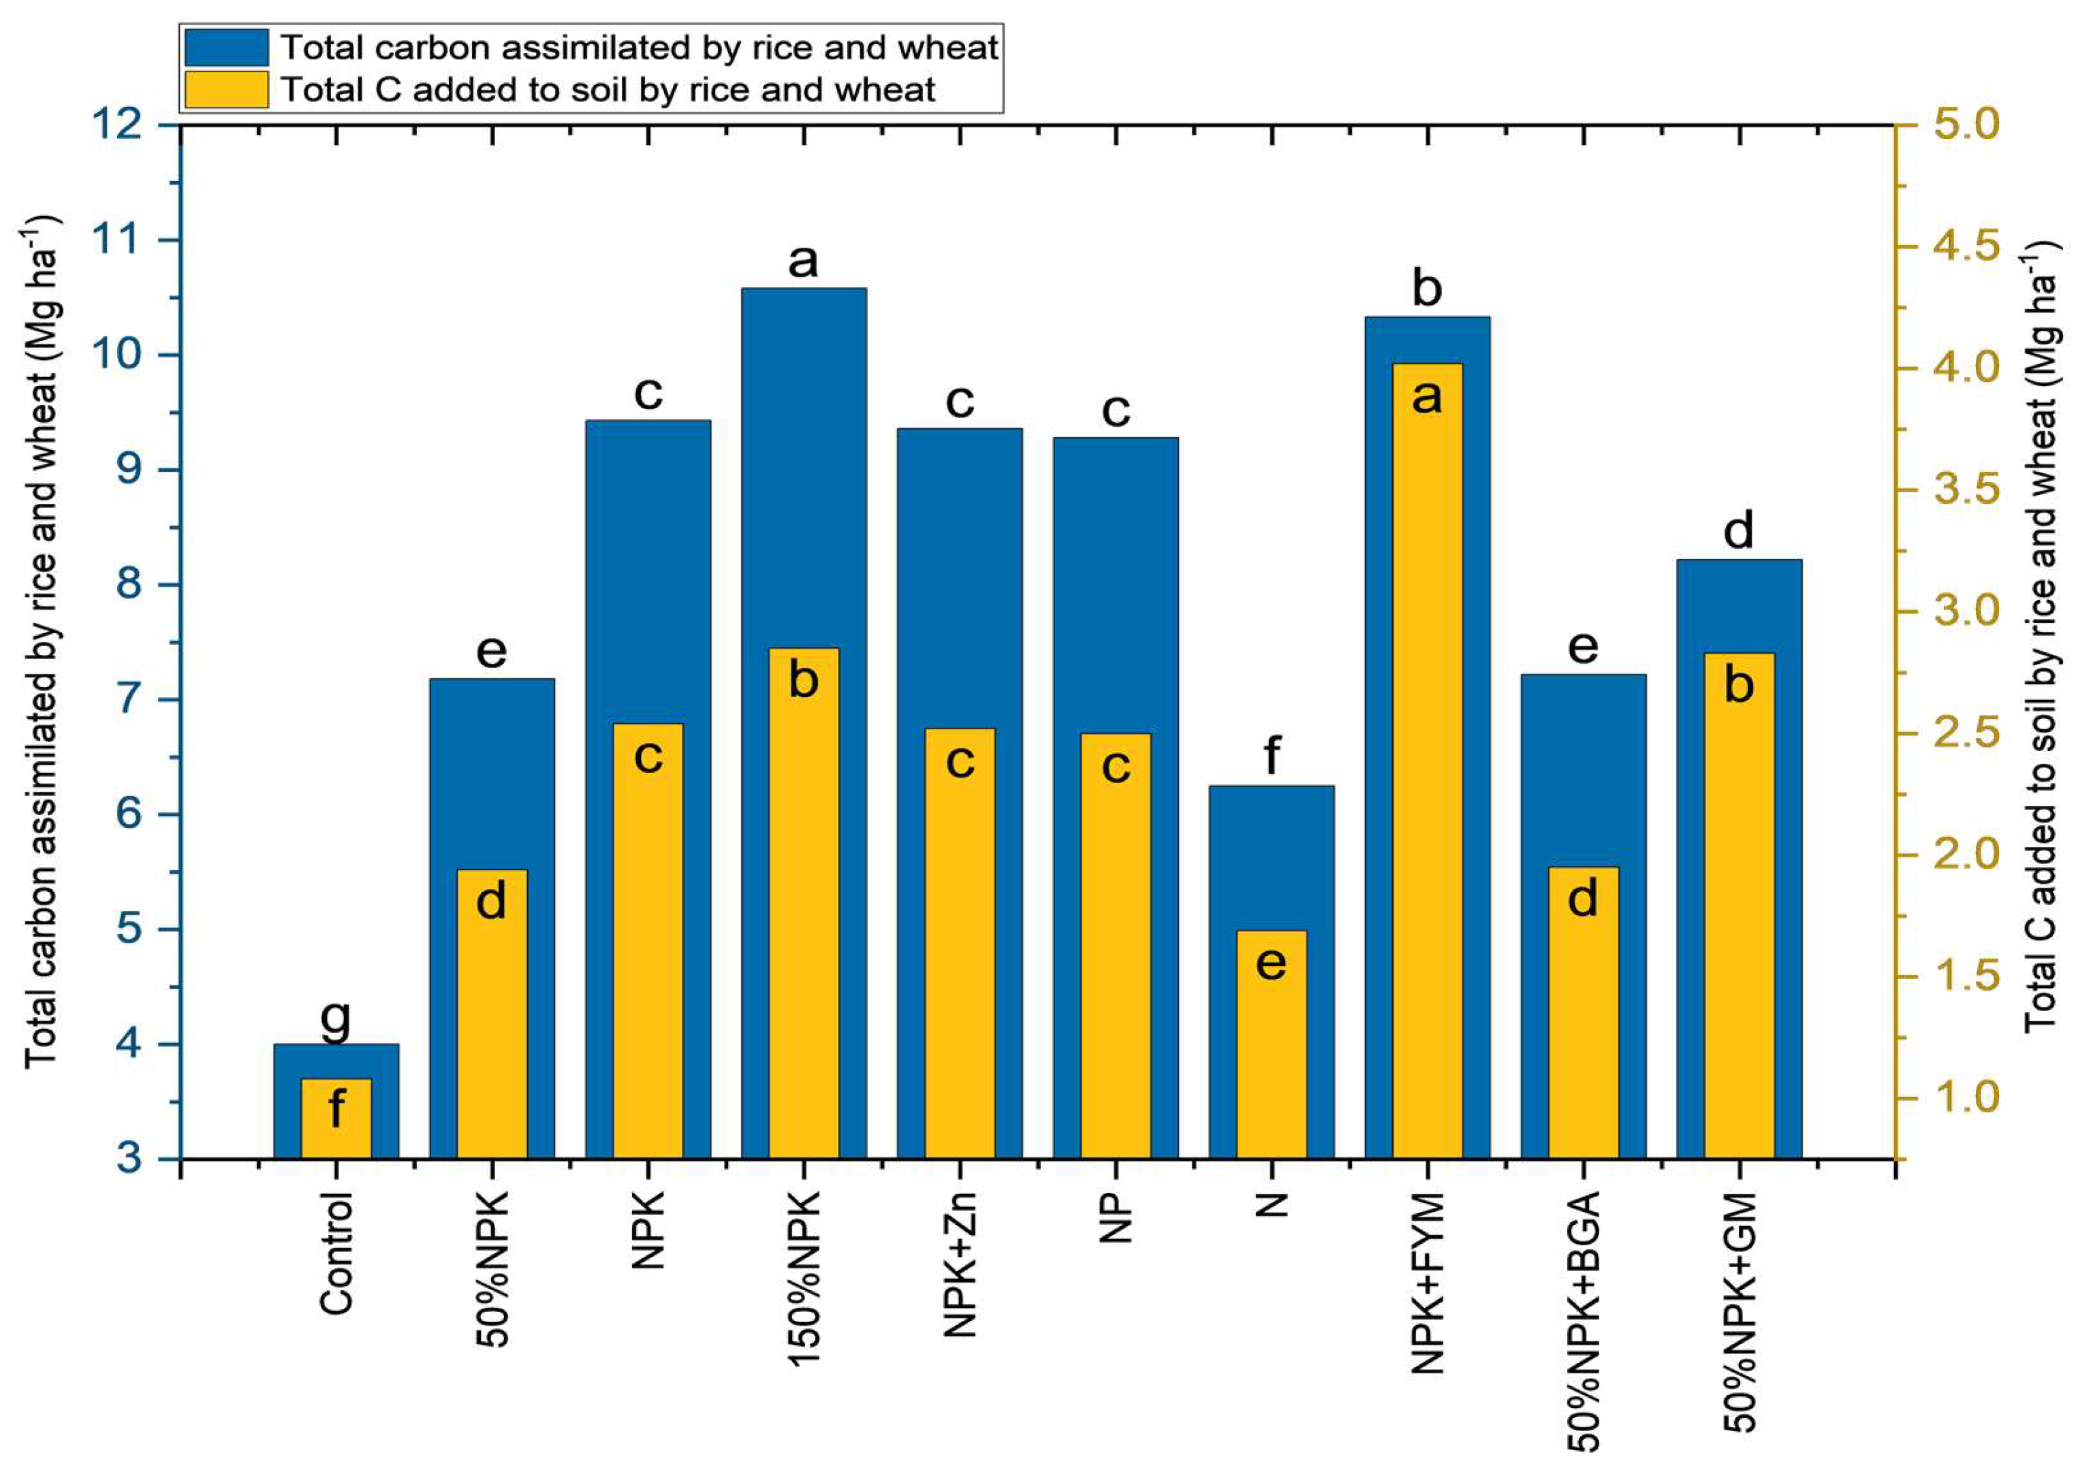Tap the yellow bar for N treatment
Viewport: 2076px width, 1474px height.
click(1272, 1044)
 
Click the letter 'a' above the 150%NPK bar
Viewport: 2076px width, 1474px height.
click(803, 261)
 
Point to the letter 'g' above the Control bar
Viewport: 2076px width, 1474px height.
click(336, 1020)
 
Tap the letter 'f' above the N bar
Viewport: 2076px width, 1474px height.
click(1272, 755)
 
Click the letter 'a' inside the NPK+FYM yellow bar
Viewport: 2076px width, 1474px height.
click(1427, 397)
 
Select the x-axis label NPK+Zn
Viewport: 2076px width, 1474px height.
click(960, 1264)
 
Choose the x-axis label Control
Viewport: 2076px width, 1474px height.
click(336, 1253)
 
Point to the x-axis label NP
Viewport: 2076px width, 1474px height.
click(1116, 1217)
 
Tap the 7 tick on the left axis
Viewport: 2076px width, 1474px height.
click(131, 700)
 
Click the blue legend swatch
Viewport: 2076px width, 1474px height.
click(227, 47)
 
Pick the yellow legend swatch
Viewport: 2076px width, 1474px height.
click(227, 90)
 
